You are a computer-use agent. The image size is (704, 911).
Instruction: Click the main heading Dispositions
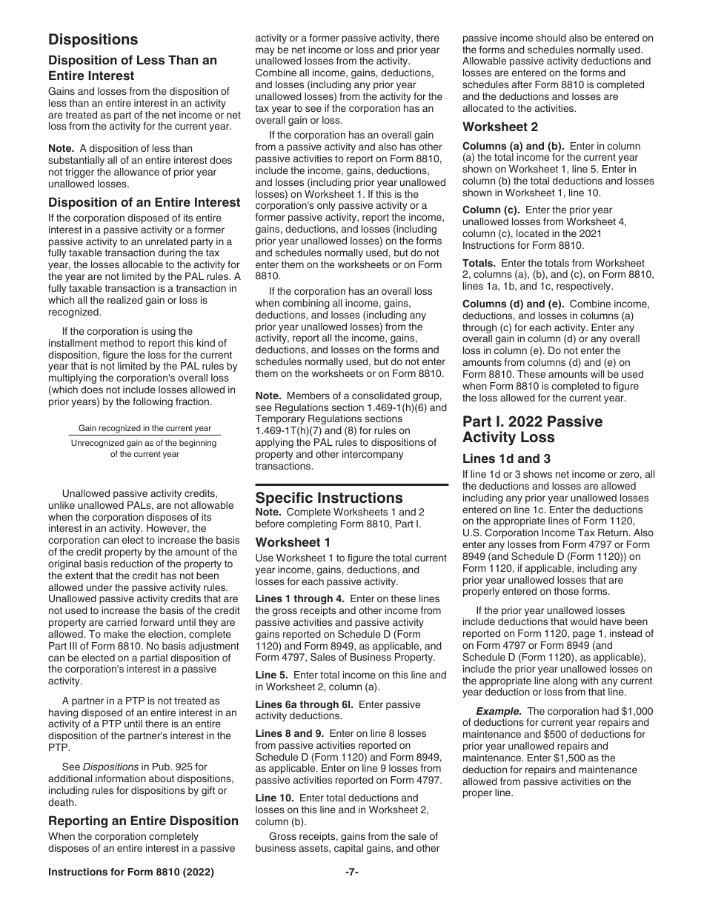(93, 39)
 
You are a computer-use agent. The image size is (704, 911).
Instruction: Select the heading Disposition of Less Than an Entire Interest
(133, 68)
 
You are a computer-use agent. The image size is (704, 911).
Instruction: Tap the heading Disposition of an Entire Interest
(144, 202)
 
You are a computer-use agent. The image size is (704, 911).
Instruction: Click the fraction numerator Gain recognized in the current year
(145, 428)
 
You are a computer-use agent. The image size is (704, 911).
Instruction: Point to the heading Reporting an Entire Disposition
(143, 821)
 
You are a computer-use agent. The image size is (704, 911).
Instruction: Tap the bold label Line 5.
(272, 675)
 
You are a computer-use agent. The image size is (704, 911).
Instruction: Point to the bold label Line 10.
(274, 798)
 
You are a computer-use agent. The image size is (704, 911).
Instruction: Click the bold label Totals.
(479, 263)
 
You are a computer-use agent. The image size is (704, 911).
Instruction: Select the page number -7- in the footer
(352, 873)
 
